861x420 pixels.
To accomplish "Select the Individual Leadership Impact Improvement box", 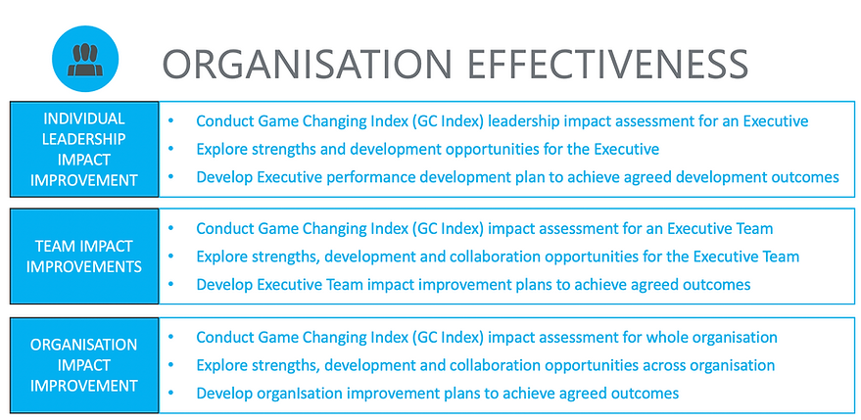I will [x=84, y=149].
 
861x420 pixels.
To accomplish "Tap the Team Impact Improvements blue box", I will [x=84, y=257].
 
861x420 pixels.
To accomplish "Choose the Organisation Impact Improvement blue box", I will [x=84, y=365].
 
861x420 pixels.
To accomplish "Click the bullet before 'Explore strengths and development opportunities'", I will [x=170, y=150].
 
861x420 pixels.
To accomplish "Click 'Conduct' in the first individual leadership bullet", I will [x=224, y=121].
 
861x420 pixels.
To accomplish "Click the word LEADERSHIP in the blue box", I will [x=84, y=138].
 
